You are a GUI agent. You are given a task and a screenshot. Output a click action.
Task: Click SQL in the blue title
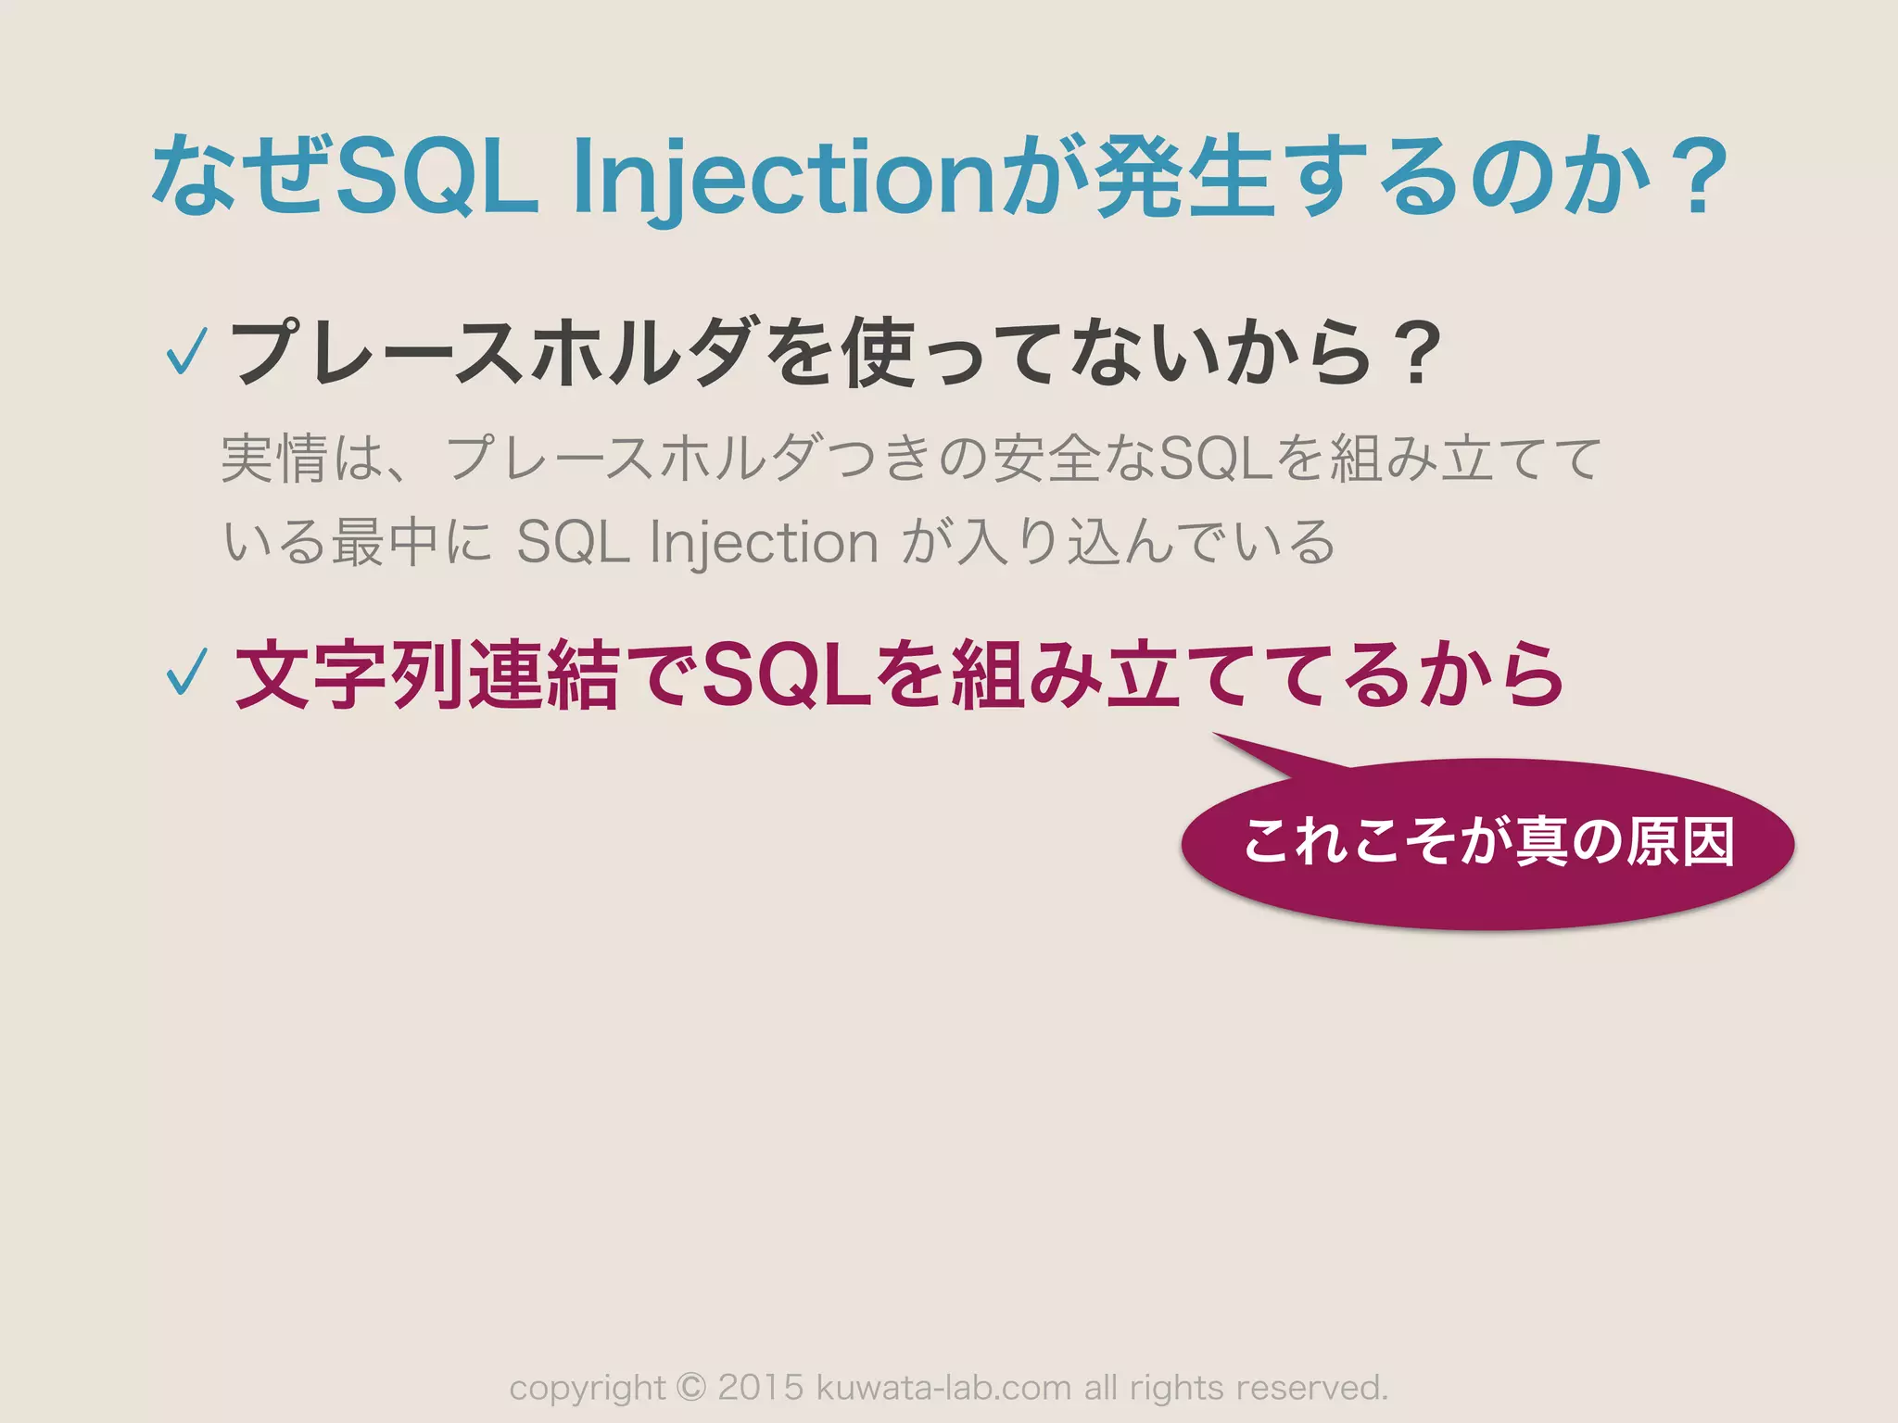click(436, 176)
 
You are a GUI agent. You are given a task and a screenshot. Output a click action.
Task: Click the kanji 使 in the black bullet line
click(880, 352)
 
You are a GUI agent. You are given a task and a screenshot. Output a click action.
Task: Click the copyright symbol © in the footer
click(691, 1387)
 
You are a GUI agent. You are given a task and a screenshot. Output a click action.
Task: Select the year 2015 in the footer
click(761, 1387)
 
